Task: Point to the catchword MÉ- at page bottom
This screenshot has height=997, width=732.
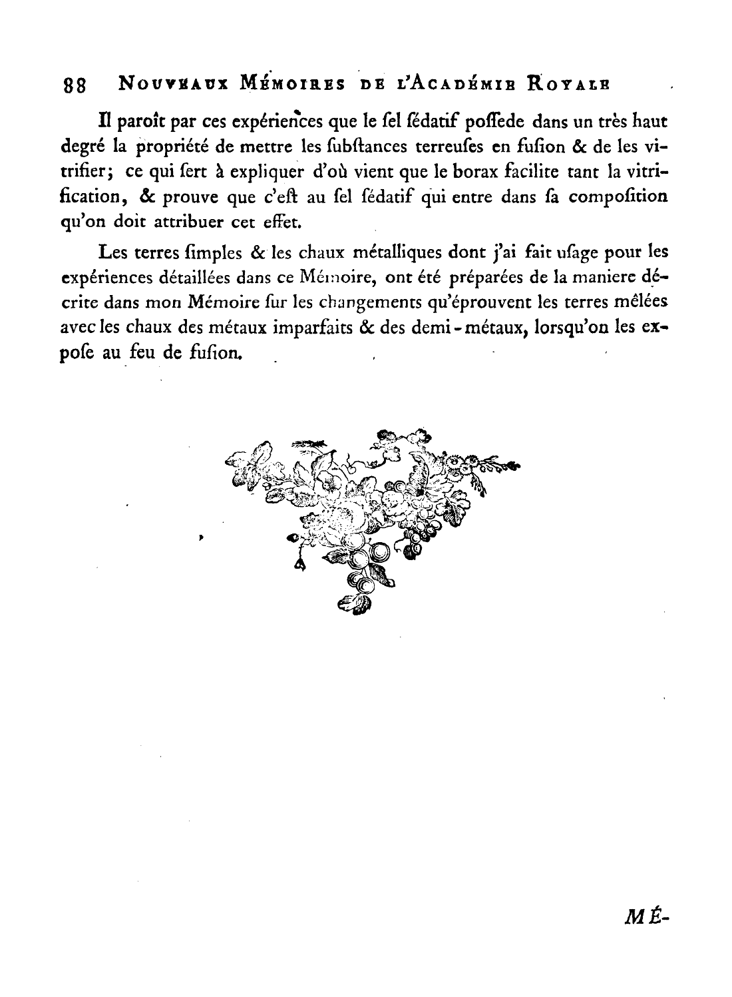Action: click(646, 918)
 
